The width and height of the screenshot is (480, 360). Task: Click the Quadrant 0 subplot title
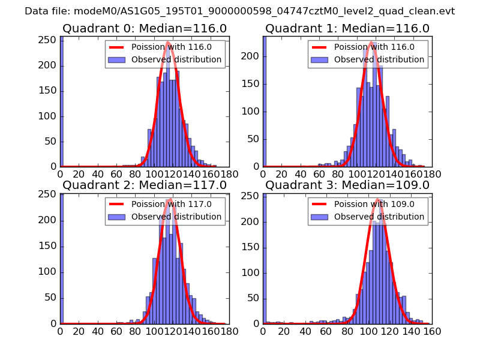click(144, 28)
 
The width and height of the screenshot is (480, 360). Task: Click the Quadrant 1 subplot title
click(347, 28)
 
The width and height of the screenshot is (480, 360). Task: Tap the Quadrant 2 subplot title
click(144, 185)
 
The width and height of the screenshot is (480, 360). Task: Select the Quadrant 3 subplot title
click(347, 185)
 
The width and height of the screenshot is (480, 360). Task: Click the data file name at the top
click(239, 11)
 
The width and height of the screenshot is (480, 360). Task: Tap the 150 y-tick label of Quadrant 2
click(48, 246)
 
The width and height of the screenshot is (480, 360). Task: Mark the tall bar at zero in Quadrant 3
click(265, 258)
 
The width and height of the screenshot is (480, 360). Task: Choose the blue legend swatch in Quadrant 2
click(116, 217)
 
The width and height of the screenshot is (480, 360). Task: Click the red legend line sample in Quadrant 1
click(319, 47)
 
